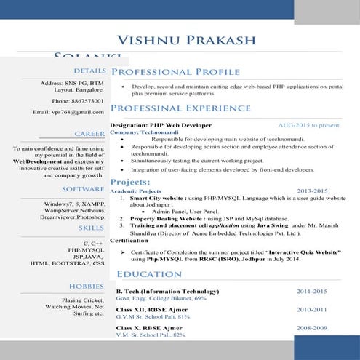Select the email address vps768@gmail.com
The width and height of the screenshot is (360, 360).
(73, 113)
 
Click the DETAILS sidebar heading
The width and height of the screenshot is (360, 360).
(89, 71)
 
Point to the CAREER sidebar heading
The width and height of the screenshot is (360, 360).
(90, 135)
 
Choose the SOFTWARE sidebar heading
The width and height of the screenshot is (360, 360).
(84, 188)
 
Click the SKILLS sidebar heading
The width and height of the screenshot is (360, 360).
(91, 228)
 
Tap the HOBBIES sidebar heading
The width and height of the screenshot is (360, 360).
(87, 286)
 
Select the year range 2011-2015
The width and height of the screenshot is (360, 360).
(312, 291)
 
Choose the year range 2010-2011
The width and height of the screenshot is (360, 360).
(312, 310)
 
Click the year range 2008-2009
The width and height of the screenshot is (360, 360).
(312, 329)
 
